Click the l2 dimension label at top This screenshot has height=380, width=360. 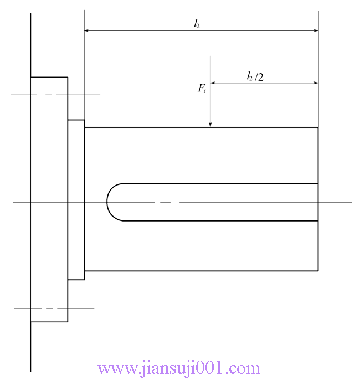[197, 24]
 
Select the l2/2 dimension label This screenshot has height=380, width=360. [255, 76]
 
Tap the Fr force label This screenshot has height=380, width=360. [202, 88]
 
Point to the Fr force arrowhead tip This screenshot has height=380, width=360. [210, 127]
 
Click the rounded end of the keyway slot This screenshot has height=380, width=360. [115, 202]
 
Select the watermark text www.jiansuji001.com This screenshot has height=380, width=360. [179, 368]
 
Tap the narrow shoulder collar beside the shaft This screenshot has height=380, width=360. [76, 199]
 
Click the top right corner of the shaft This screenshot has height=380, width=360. [318, 127]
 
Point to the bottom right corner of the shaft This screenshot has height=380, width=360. [318, 271]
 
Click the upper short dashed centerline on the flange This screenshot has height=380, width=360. [55, 95]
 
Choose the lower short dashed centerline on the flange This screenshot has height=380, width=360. [54, 308]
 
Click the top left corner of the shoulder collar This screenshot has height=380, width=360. [68, 120]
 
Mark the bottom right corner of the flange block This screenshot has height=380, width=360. [68, 322]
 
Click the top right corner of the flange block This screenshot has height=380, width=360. [68, 78]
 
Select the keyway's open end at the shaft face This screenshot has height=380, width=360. [318, 202]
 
